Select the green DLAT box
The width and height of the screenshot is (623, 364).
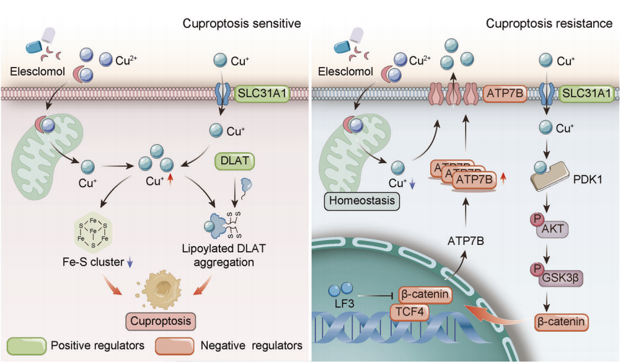click(236, 161)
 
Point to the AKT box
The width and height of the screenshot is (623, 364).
click(555, 228)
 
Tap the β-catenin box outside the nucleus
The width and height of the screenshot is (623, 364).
click(562, 322)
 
